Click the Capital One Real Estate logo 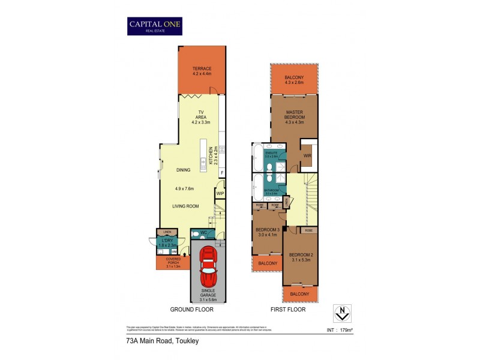point(155,26)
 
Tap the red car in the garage point(208,266)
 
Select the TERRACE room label point(202,69)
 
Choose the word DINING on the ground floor point(183,170)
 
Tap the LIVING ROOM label point(185,206)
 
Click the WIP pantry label point(220,193)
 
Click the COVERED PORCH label point(173,261)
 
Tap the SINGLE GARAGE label point(208,294)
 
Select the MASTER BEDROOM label point(294,115)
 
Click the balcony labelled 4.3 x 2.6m point(294,80)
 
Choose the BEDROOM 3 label point(268,232)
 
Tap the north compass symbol point(341,313)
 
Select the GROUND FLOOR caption point(191,310)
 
